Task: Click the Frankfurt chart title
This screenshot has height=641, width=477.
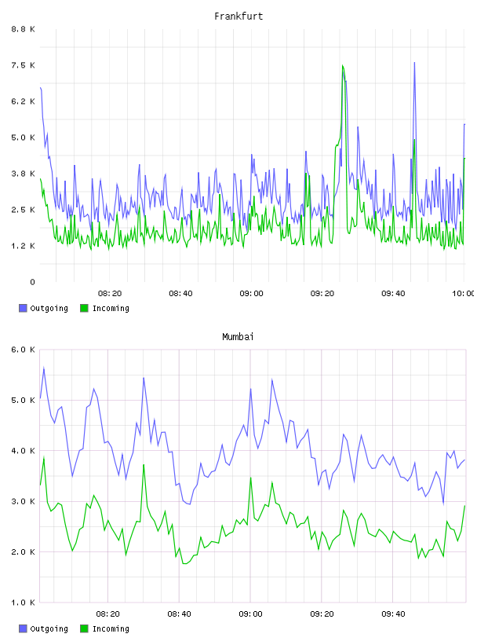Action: point(238,16)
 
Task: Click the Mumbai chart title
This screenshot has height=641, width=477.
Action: point(238,337)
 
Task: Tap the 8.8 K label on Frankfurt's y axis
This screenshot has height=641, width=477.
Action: point(23,29)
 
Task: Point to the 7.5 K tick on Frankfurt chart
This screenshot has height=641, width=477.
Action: point(23,65)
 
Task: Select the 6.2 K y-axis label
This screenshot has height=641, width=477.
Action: point(23,101)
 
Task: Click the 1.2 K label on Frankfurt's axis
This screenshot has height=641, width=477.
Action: point(23,246)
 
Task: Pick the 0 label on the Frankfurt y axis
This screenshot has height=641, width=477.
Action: point(32,282)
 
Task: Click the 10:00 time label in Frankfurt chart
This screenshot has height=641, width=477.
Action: point(463,294)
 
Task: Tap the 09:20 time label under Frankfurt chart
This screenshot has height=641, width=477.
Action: point(322,294)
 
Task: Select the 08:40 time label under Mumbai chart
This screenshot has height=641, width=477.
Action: point(179,614)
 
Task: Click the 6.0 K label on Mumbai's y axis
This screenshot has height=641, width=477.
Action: point(23,350)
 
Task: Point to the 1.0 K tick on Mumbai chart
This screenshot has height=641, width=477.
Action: point(23,603)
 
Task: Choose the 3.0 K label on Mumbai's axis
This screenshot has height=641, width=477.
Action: point(23,501)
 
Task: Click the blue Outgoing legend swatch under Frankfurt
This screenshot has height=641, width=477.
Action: point(23,308)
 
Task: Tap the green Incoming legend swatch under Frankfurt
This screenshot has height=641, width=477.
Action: point(84,308)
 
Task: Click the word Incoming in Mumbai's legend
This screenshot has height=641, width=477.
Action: point(111,628)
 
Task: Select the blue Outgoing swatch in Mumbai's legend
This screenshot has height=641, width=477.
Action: point(23,628)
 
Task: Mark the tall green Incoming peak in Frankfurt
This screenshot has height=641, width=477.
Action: point(343,65)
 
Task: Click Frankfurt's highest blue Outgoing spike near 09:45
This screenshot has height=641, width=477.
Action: point(414,63)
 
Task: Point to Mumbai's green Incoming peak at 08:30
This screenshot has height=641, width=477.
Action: point(144,465)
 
